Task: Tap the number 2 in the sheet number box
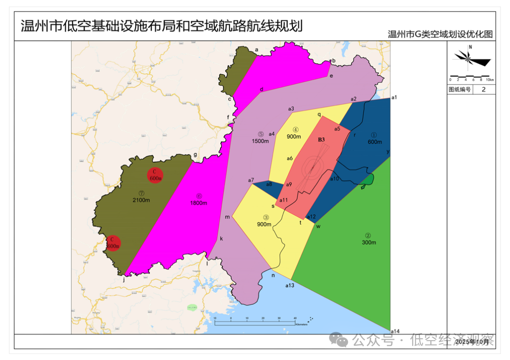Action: click(483, 90)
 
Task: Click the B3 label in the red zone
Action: click(321, 140)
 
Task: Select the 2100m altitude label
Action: click(141, 200)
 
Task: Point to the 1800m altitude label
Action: click(199, 203)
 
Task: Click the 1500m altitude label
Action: click(260, 141)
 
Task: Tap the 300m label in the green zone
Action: click(368, 243)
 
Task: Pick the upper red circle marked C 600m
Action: click(155, 176)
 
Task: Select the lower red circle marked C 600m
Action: click(113, 243)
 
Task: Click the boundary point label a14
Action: click(396, 331)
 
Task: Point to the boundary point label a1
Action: click(394, 97)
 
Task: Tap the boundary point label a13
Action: click(289, 285)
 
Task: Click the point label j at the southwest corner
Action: click(124, 280)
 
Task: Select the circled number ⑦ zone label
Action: click(141, 193)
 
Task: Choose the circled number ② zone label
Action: click(368, 235)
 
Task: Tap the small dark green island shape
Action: click(368, 179)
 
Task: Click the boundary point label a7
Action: click(251, 180)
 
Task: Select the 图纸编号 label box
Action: click(459, 90)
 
